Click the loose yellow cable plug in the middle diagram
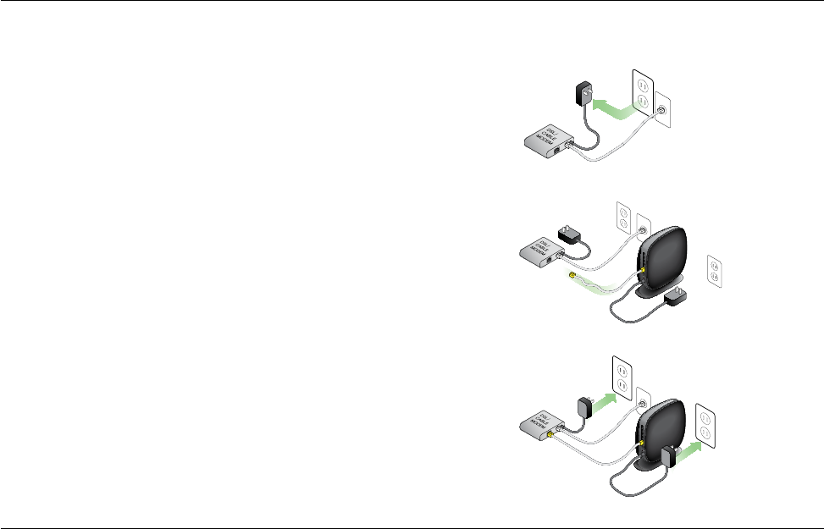pyautogui.click(x=572, y=276)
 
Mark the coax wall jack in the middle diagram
pyautogui.click(x=643, y=229)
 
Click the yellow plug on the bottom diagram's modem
pyautogui.click(x=552, y=434)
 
